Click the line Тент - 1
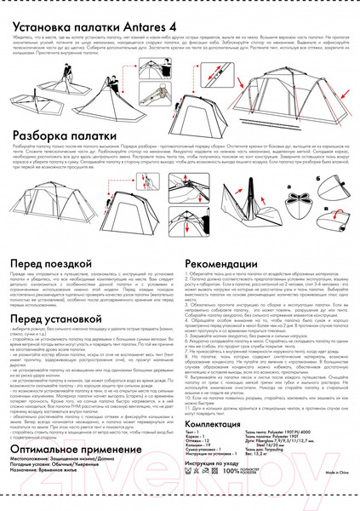pos(195,433)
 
